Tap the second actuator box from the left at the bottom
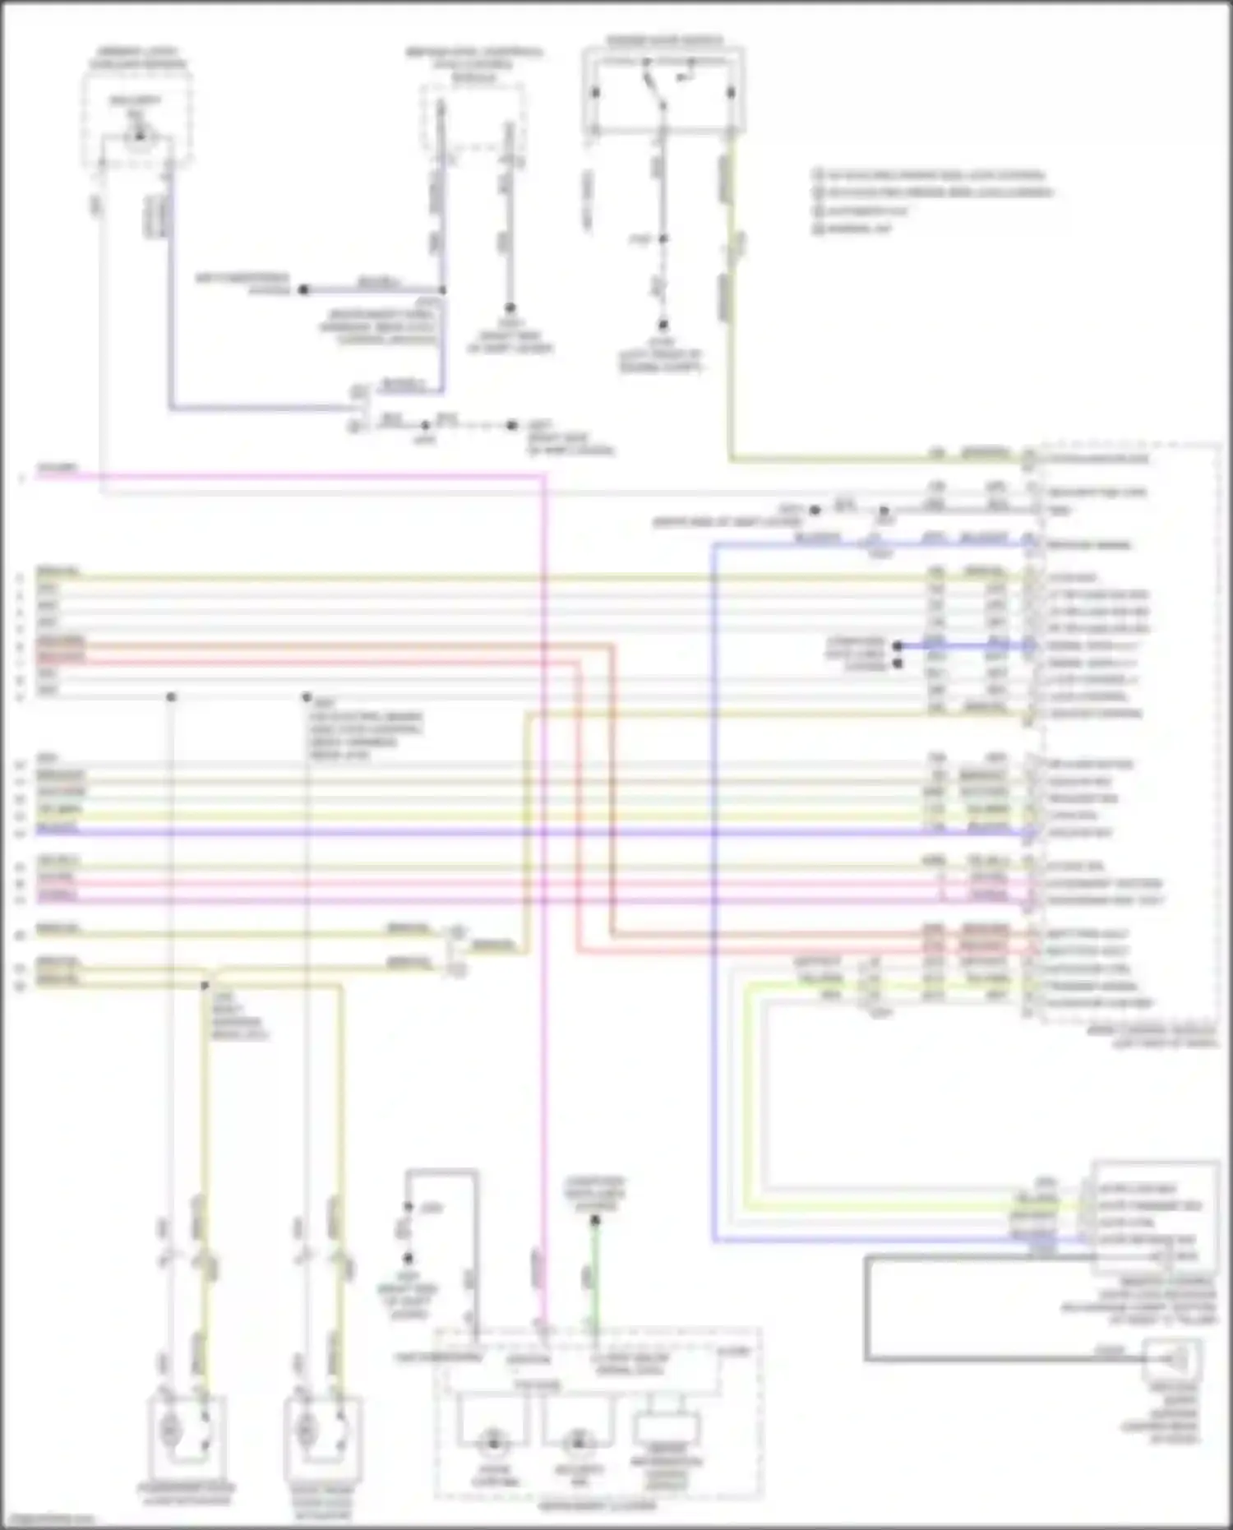(322, 1431)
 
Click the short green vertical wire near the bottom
(596, 1274)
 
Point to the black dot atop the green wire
(596, 1220)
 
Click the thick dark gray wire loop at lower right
(866, 1307)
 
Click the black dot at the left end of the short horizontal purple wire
(303, 289)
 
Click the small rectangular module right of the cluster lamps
(666, 1431)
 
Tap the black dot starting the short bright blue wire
(898, 646)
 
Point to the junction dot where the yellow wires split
(205, 984)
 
